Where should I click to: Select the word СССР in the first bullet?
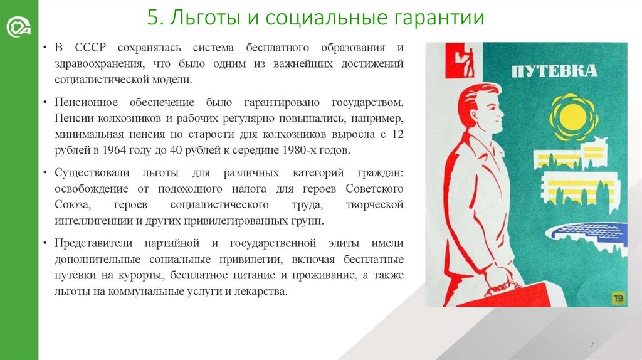click(91, 49)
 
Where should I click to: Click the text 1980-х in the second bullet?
click(291, 151)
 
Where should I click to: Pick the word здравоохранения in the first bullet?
click(98, 65)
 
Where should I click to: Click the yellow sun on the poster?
click(571, 117)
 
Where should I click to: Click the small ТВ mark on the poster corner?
click(618, 299)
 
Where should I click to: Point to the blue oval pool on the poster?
click(586, 232)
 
